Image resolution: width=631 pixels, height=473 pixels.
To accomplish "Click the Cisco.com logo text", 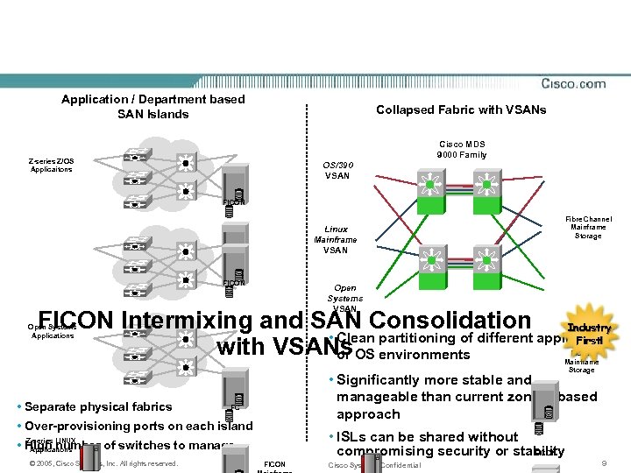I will click(x=573, y=84).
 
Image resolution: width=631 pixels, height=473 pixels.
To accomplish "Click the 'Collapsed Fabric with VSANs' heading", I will click(x=461, y=109).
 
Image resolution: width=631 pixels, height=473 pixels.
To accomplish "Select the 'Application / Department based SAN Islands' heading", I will click(x=153, y=107).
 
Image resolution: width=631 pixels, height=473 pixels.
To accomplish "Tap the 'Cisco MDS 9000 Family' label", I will click(x=461, y=149).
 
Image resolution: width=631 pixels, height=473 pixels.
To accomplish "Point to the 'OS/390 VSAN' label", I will click(x=337, y=170).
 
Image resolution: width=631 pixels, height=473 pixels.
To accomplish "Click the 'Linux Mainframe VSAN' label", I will click(x=336, y=239).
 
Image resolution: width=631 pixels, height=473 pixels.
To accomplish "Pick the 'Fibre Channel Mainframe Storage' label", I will click(x=588, y=228).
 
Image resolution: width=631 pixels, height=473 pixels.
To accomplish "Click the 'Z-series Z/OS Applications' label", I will click(x=51, y=165).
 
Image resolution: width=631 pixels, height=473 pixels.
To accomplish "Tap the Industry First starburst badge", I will click(x=587, y=333).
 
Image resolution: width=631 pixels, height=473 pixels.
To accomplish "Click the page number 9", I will click(x=603, y=462).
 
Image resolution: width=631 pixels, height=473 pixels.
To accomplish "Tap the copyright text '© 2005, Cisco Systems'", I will click(x=70, y=463).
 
